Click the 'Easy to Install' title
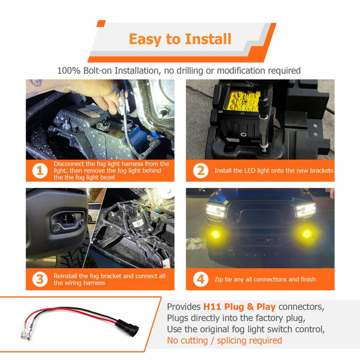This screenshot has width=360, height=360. (x=180, y=39)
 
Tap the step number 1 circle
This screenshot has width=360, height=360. (x=40, y=170)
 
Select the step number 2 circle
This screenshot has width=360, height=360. (x=200, y=170)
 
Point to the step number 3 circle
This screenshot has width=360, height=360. (x=40, y=279)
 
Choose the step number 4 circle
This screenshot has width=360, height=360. (x=200, y=279)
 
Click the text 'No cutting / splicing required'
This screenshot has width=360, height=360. (x=224, y=340)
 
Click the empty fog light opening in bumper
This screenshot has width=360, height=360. (x=64, y=222)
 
